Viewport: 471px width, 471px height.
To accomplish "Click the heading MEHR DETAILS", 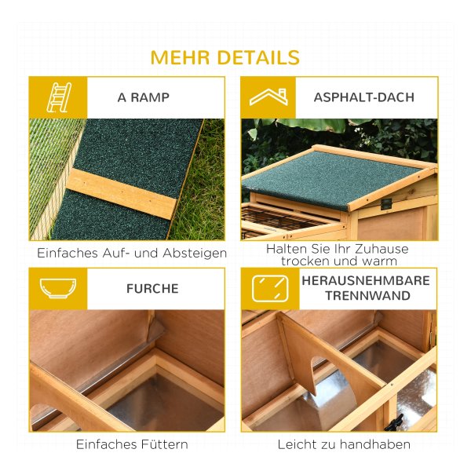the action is tap(225, 57).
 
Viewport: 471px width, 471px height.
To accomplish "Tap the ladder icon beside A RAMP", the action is tap(59, 97).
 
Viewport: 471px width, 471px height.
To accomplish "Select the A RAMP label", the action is tap(144, 97).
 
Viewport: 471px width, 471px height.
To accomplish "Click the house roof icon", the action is tap(268, 97).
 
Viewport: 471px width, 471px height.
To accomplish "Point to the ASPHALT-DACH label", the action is tap(364, 97).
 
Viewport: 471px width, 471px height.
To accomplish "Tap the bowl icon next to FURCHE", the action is tap(58, 288).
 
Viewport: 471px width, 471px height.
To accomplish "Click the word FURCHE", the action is tap(152, 289).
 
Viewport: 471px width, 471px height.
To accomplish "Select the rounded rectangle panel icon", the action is tap(270, 288).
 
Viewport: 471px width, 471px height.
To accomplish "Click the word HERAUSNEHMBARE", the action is tap(366, 280).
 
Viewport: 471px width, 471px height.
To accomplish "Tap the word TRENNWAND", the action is tap(367, 296).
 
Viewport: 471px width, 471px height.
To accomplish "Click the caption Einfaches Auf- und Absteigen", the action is tap(132, 253).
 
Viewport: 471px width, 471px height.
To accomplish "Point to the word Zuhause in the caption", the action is tap(382, 249).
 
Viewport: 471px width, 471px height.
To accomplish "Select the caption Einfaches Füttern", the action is tap(132, 444).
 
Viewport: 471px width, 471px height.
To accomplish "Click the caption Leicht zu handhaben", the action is tap(344, 444).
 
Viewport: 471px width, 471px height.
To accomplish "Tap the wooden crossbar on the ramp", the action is tap(122, 193).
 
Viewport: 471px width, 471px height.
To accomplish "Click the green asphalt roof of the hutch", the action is tap(330, 179).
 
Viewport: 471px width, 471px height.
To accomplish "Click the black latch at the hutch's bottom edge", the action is tap(394, 422).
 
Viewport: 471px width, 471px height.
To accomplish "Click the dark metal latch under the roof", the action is tap(386, 204).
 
